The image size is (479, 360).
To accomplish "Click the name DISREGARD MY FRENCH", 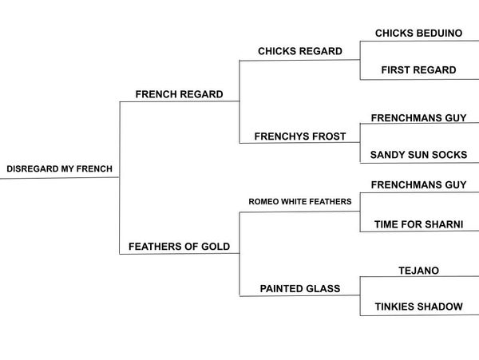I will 59,169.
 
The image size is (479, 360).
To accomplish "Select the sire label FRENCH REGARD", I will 179,94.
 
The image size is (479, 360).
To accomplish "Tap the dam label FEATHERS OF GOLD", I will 180,247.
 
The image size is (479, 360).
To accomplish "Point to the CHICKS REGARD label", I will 299,51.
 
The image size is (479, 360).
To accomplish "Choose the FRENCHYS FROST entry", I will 299,136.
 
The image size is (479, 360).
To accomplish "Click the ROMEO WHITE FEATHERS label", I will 299,202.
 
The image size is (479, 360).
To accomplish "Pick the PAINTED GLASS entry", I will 299,289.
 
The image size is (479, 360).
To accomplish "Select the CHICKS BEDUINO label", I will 418,34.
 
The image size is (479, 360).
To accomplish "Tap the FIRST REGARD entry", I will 418,70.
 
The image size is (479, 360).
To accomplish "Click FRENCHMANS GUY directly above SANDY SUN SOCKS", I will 418,118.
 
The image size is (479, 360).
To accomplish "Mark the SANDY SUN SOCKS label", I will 418,155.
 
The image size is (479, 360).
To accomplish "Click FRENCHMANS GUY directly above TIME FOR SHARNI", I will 418,185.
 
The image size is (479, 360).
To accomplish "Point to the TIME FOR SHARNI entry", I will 418,225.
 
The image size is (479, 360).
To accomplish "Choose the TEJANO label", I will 418,271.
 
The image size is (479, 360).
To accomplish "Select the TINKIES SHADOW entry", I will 418,307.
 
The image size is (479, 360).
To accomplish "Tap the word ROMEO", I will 263,202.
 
